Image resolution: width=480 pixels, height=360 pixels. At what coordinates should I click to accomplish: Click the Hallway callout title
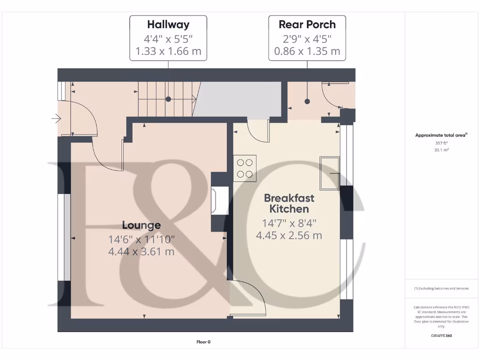pyautogui.click(x=168, y=24)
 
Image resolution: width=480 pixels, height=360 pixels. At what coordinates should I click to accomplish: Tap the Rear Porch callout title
pyautogui.click(x=307, y=24)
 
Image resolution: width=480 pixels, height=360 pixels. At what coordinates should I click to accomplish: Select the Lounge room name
pyautogui.click(x=142, y=225)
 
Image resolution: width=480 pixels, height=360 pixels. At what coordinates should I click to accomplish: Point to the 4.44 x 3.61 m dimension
pyautogui.click(x=142, y=252)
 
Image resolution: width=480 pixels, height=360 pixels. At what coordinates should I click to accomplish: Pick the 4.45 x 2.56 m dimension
pyautogui.click(x=289, y=235)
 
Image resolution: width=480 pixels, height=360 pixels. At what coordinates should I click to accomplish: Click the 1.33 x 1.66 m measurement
pyautogui.click(x=168, y=51)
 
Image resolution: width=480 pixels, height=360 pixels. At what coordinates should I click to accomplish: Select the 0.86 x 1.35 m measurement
pyautogui.click(x=307, y=51)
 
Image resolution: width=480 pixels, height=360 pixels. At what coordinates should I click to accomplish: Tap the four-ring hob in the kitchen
pyautogui.click(x=245, y=168)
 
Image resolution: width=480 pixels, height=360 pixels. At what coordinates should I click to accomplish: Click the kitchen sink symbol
pyautogui.click(x=330, y=173)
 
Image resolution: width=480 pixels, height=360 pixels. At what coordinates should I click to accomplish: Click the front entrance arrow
pyautogui.click(x=56, y=119)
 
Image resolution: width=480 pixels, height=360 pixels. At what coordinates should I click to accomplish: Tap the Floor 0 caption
pyautogui.click(x=203, y=342)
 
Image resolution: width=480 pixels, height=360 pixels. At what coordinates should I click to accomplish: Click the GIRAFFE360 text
pyautogui.click(x=442, y=336)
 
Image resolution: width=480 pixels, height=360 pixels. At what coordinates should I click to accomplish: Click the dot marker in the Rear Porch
pyautogui.click(x=307, y=101)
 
